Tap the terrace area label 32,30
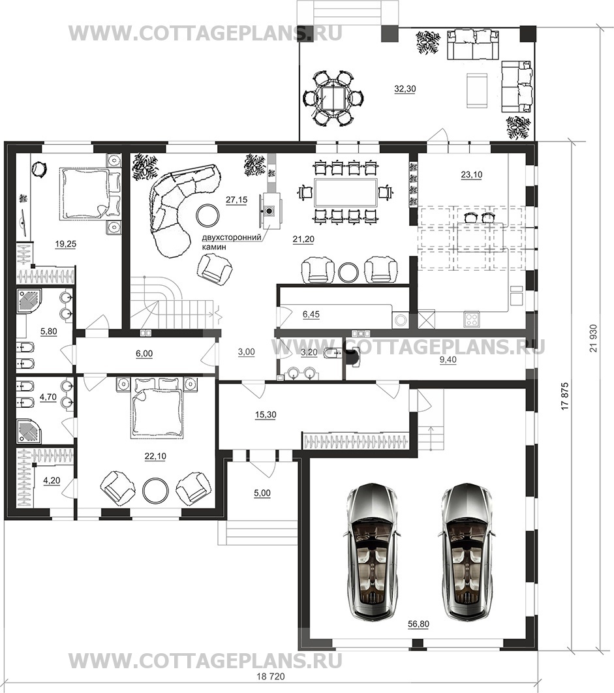405,89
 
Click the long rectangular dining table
345,192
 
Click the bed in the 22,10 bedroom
156,407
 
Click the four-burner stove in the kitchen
471,320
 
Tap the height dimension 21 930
592,338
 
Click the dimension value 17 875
564,397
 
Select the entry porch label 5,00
262,493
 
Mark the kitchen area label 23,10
472,175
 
